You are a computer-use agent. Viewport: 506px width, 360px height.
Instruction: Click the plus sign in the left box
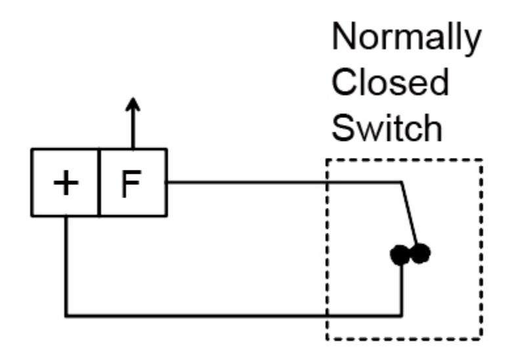[66, 183]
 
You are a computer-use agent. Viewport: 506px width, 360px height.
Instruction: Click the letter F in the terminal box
[131, 183]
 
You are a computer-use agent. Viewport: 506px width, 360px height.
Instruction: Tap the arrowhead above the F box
[133, 104]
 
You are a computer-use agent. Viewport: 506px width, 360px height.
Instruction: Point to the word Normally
[406, 38]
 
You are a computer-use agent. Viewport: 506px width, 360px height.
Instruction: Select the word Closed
[390, 82]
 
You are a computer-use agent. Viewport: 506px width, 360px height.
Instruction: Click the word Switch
[387, 128]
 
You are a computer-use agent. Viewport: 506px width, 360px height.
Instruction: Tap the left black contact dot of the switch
[400, 255]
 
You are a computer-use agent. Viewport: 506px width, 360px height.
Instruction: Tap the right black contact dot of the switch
[420, 253]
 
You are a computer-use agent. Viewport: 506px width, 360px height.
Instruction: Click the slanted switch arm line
[409, 214]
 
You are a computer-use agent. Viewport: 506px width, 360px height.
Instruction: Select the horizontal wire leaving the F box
[284, 183]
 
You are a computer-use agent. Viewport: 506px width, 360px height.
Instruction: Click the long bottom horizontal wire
[234, 315]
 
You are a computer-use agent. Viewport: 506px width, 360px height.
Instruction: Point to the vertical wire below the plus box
[66, 266]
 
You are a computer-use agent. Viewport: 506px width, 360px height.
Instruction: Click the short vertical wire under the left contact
[401, 290]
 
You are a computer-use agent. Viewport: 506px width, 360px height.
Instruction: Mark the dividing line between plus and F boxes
[98, 182]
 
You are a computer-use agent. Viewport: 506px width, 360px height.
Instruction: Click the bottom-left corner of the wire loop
[66, 315]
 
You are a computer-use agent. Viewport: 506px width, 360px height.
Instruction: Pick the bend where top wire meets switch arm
[402, 183]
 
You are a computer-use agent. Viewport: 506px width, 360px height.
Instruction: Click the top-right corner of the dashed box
[481, 160]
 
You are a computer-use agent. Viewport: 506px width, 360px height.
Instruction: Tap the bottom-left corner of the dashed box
[327, 338]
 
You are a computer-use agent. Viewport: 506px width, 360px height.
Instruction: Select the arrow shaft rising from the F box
[133, 129]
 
